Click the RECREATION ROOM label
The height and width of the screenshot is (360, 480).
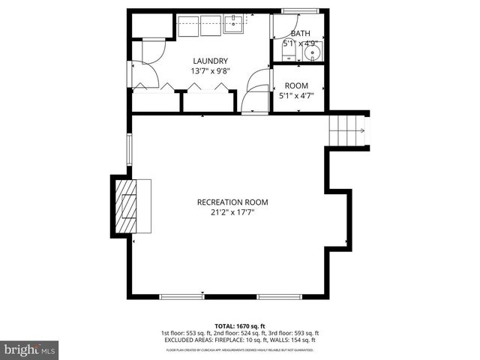[x=232, y=202]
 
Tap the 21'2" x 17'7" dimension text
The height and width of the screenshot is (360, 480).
[x=232, y=212]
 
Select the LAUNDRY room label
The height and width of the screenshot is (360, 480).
[x=210, y=61]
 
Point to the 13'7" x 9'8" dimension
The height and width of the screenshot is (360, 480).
[x=210, y=71]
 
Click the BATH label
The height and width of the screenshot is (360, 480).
[x=300, y=34]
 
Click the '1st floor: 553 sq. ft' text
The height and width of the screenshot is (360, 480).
[x=185, y=333]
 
